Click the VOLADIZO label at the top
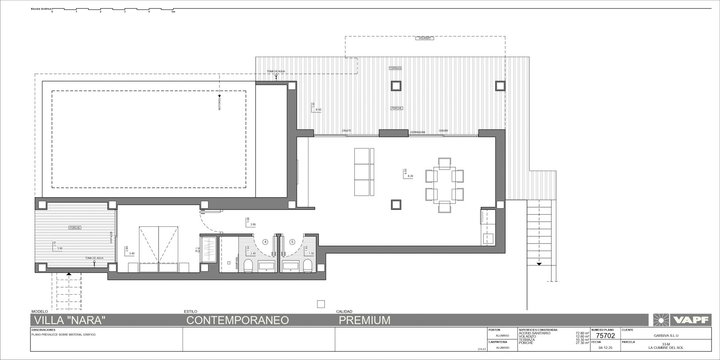(424, 39)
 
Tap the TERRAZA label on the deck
(395, 68)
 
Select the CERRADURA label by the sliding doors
(418, 132)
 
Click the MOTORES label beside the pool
(220, 104)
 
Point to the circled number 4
(265, 242)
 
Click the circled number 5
(292, 242)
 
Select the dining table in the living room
(444, 182)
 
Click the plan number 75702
(605, 336)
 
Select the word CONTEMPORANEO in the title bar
(237, 320)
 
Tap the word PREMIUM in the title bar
(364, 320)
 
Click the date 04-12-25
(605, 348)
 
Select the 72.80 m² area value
(582, 333)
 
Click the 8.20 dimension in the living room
(410, 176)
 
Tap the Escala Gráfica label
(41, 9)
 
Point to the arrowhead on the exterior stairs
(539, 264)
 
